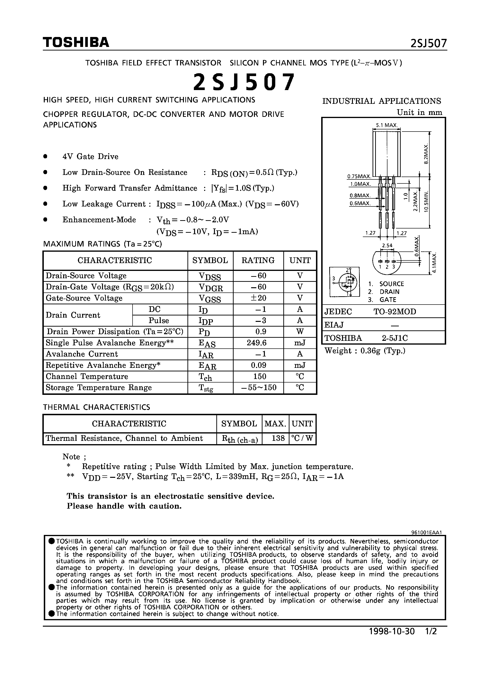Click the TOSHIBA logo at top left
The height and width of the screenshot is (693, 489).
(76, 43)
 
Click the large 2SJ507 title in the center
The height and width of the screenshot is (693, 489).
(244, 82)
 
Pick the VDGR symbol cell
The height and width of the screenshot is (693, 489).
(210, 287)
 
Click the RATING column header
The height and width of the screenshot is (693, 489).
(258, 260)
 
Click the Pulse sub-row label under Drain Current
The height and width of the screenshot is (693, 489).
(159, 320)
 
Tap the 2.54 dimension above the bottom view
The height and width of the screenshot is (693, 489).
(387, 245)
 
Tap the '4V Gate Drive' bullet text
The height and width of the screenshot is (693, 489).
(90, 157)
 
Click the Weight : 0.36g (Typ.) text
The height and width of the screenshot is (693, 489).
(365, 351)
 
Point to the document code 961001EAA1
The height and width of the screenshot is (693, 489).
(426, 533)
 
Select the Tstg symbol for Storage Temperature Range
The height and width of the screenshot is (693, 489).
(206, 388)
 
